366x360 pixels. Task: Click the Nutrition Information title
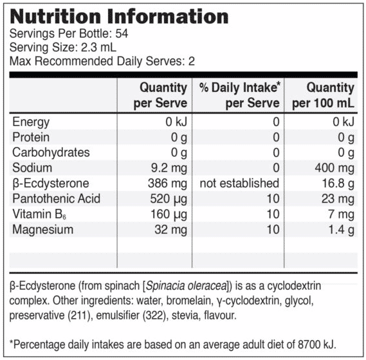point(119,17)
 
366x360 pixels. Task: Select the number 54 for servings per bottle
point(122,33)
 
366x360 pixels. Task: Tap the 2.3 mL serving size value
point(98,48)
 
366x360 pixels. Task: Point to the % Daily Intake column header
point(240,95)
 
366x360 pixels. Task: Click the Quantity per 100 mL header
point(324,95)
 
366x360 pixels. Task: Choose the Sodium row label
point(32,168)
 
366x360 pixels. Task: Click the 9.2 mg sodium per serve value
point(169,168)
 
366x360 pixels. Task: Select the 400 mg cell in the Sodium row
point(334,168)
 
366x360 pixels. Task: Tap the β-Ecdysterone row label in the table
point(51,184)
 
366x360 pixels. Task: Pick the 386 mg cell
point(168,184)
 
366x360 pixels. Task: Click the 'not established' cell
point(239,183)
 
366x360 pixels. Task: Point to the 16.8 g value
point(338,184)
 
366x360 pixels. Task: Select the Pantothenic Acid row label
point(56,199)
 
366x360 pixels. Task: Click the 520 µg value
point(169,199)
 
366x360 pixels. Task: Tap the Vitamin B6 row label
point(39,214)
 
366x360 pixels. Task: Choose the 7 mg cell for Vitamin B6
point(342,215)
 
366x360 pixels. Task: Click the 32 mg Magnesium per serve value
point(171,230)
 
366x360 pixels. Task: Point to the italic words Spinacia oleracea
point(187,286)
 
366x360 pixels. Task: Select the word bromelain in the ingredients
point(188,300)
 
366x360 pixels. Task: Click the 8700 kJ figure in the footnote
point(316,345)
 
